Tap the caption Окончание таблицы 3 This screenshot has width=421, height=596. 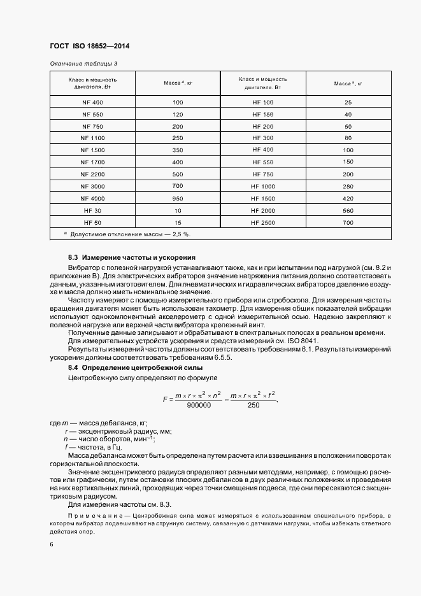click(x=83, y=64)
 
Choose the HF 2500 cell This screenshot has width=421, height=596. click(x=262, y=222)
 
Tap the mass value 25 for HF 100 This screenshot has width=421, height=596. click(x=348, y=103)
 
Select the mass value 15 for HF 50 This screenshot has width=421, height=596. click(x=178, y=222)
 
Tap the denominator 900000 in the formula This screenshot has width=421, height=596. click(x=199, y=405)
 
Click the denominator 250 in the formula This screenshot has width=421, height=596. click(x=253, y=405)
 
